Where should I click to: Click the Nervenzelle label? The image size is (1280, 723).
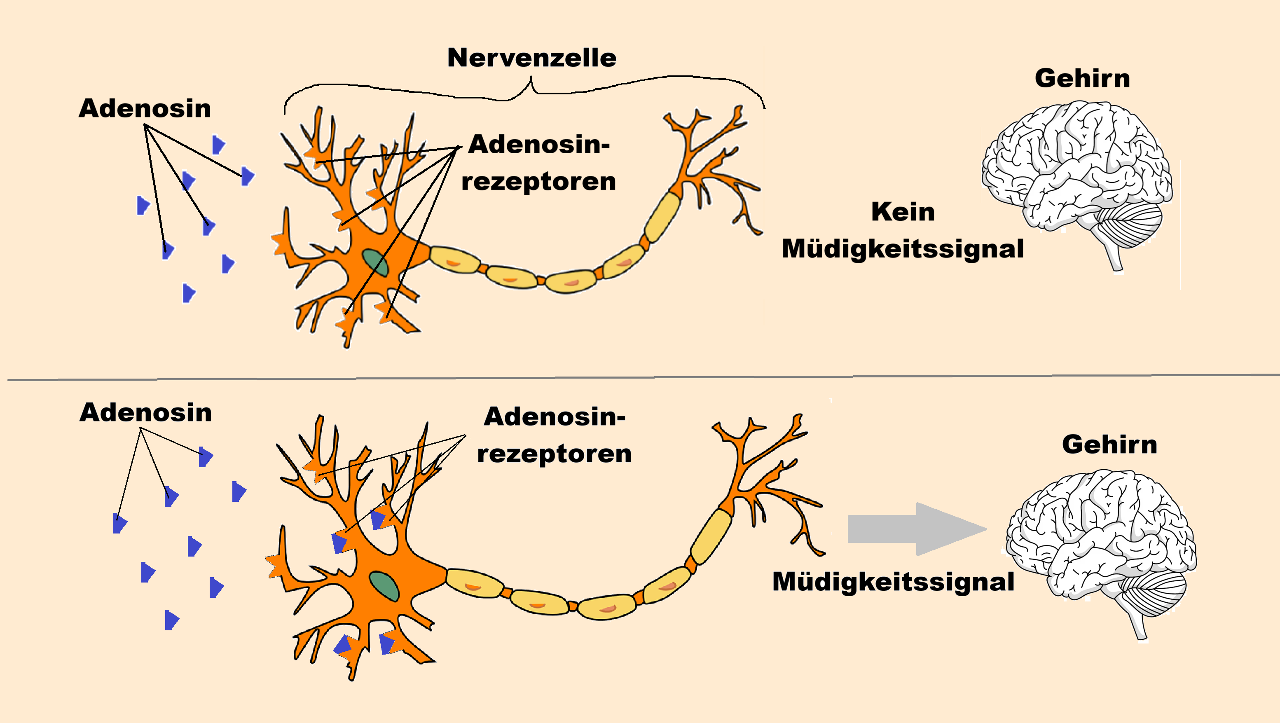532,58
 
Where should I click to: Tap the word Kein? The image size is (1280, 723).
903,212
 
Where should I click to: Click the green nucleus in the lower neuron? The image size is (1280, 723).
384,586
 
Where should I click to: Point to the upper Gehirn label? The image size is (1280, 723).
1082,79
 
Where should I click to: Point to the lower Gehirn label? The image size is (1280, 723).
1109,445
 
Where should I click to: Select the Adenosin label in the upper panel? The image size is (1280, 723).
145,108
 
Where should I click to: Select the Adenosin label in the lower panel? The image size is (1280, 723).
145,413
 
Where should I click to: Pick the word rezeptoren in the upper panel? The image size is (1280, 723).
538,181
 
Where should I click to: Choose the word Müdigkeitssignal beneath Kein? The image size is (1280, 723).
903,249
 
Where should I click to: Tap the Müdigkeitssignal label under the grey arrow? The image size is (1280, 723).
893,582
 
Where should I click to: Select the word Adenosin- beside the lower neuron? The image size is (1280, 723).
555,416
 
